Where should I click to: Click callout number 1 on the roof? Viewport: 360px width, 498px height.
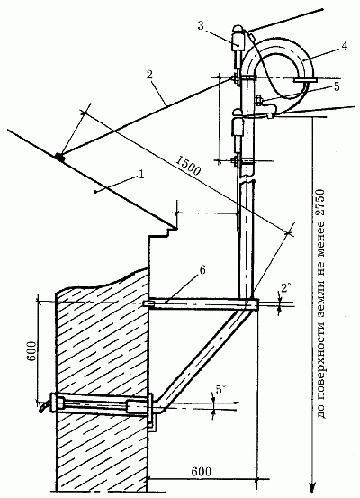coord(141,175)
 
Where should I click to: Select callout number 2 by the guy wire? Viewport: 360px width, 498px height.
coord(149,76)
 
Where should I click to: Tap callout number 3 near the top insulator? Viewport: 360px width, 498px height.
coord(201,26)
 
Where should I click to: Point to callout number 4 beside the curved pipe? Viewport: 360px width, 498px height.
coord(344,46)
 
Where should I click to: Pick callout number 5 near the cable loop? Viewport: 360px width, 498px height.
coord(337,86)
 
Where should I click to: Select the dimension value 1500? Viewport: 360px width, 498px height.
coord(188,165)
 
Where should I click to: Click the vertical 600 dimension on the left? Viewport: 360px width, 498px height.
coord(31,351)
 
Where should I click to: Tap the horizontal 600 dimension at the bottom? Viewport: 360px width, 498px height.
coord(202,471)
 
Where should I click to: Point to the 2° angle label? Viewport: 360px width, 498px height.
coord(285,288)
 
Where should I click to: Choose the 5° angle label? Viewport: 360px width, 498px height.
coord(220,389)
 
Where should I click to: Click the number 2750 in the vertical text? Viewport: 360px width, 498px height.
coord(322,203)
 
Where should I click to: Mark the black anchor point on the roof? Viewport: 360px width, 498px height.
coord(59,156)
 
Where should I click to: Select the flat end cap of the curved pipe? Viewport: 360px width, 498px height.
coord(305,80)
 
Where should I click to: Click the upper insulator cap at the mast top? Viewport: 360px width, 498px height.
coord(238,29)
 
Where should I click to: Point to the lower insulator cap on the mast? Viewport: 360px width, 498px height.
coord(238,113)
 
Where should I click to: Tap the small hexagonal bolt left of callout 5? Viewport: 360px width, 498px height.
coord(258,101)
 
